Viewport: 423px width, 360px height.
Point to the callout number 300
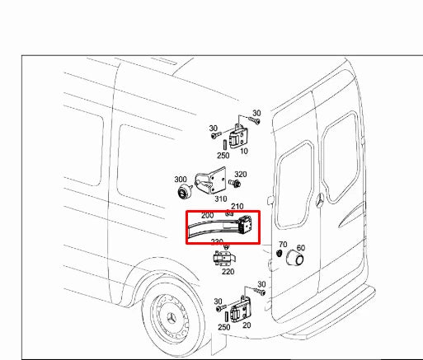click(x=180, y=180)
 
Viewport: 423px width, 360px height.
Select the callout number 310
click(x=221, y=199)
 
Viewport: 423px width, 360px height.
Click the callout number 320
click(x=241, y=175)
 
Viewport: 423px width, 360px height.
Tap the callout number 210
click(x=237, y=206)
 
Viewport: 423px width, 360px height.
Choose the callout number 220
click(x=227, y=271)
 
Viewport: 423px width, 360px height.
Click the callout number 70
click(x=282, y=245)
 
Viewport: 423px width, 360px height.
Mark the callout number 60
click(x=300, y=247)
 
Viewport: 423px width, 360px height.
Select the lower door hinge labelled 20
click(x=243, y=311)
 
